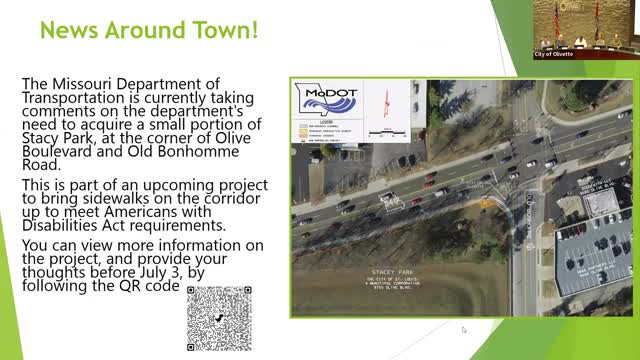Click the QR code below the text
[219, 317]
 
